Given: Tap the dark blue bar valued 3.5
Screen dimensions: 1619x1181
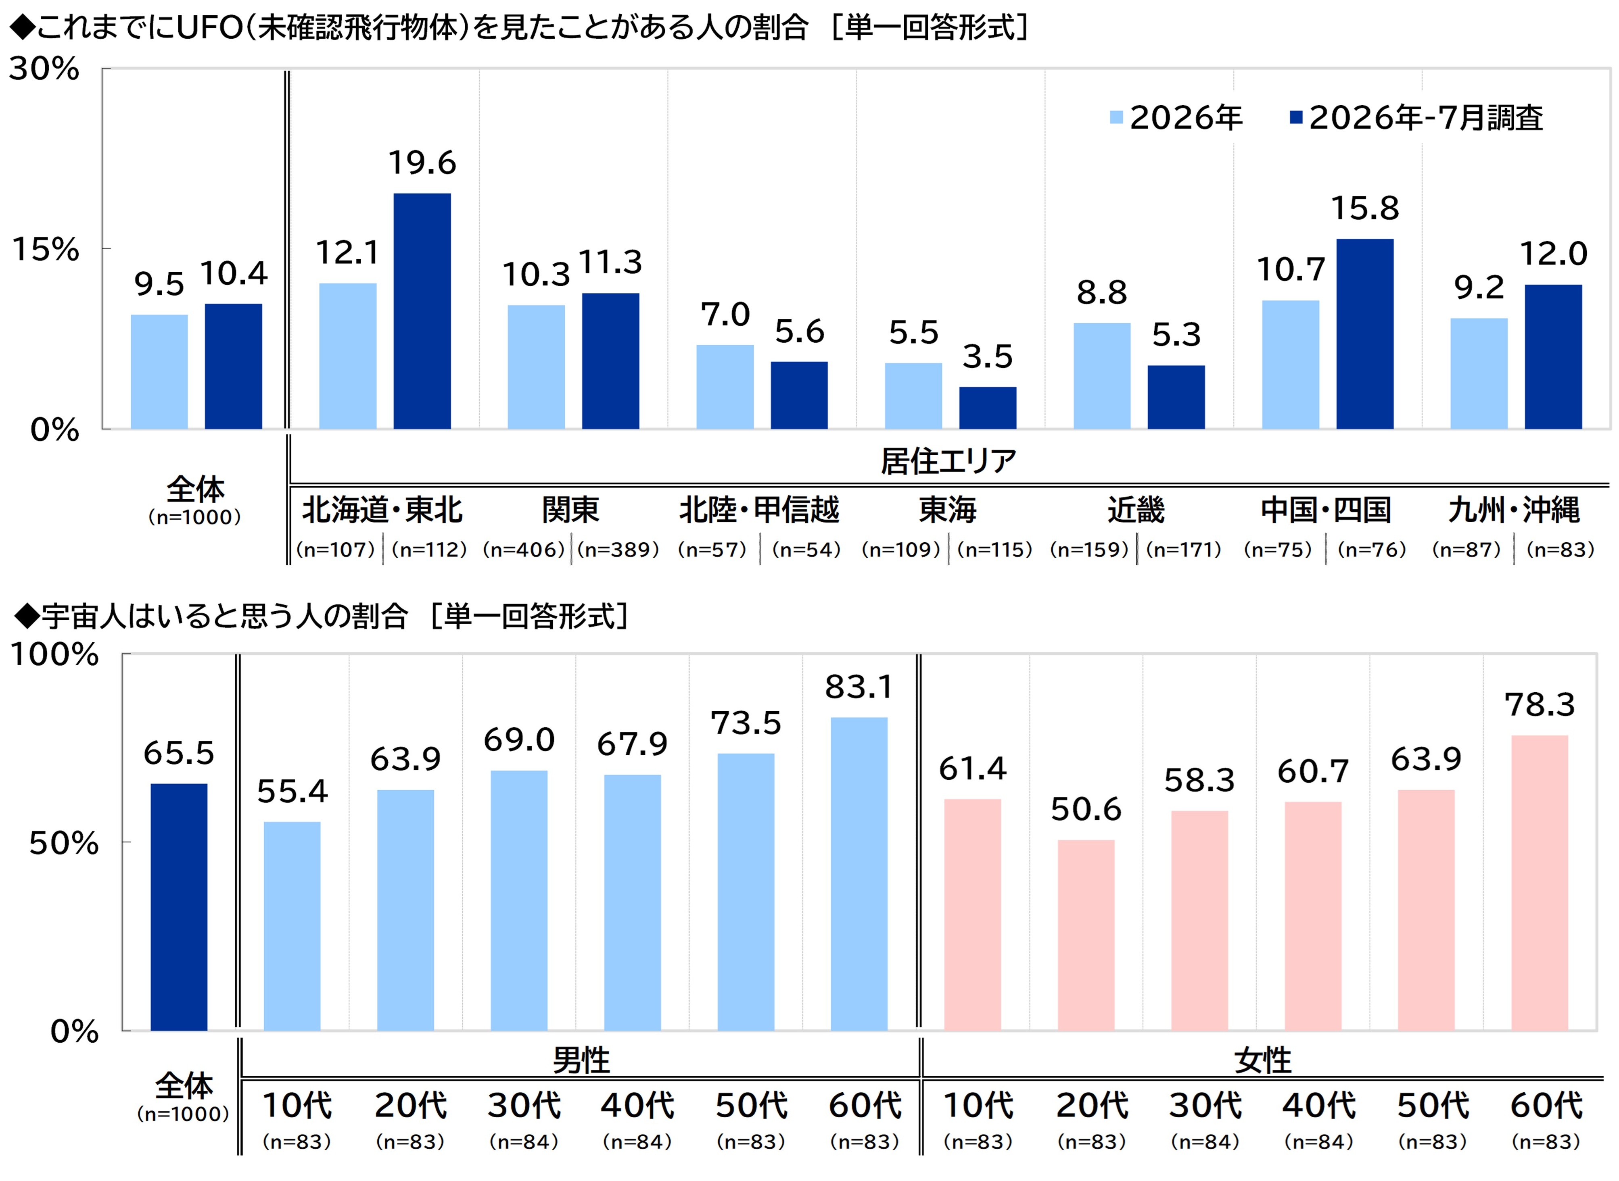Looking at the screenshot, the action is coord(988,408).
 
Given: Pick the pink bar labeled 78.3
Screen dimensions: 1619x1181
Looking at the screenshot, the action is coord(1540,883).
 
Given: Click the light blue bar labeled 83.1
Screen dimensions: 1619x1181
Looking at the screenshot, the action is coord(859,874).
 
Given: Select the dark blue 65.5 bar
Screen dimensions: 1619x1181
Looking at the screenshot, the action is coord(179,907).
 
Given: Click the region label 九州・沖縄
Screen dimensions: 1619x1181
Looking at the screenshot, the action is coord(1514,510).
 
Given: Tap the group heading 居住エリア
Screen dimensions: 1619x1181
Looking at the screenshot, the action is coord(948,461).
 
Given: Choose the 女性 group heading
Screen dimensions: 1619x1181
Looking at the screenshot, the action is coord(1262,1060).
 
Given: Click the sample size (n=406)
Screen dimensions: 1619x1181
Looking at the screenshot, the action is coord(524,550).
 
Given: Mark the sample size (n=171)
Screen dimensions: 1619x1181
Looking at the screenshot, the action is coord(1184,550).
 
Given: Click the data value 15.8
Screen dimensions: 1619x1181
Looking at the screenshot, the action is coord(1364,208).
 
